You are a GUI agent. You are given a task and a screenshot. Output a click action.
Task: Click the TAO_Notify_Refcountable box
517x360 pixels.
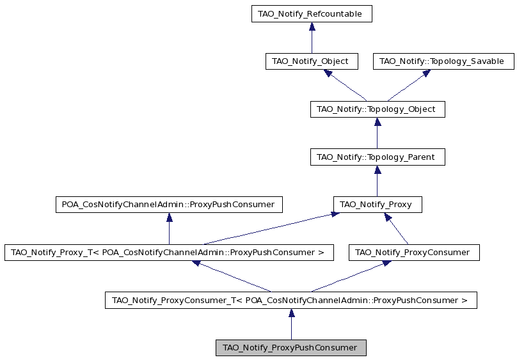click(312, 14)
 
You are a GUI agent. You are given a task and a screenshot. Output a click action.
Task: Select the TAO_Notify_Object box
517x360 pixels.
click(312, 61)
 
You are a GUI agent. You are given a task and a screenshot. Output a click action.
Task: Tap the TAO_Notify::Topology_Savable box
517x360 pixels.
click(443, 61)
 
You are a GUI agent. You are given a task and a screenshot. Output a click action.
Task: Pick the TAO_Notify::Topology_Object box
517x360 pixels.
click(378, 109)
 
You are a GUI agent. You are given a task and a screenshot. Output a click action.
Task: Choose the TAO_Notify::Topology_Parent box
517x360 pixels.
click(378, 157)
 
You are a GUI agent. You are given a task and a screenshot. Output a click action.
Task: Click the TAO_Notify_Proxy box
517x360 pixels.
click(378, 205)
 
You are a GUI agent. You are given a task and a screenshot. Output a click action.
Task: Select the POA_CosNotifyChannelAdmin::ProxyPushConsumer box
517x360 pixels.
click(169, 205)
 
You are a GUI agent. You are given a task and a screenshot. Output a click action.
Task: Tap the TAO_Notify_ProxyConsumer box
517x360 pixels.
click(414, 253)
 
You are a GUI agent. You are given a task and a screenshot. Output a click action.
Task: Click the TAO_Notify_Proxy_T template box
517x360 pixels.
click(169, 253)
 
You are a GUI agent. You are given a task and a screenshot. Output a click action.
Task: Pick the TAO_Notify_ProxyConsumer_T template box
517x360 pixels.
click(290, 300)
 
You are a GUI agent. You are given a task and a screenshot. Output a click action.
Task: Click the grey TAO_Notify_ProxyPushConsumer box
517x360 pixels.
click(290, 348)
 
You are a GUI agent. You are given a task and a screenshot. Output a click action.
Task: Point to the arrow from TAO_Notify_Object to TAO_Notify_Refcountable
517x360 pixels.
click(312, 38)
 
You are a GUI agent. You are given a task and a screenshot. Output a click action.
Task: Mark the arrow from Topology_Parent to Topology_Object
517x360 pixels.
click(378, 133)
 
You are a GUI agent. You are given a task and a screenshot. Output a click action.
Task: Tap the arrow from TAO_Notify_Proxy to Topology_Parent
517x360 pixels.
click(378, 181)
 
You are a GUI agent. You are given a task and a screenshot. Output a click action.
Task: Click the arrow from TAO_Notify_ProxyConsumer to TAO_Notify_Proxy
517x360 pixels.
click(396, 228)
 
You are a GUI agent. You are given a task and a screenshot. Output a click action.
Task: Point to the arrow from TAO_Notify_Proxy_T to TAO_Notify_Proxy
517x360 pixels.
click(272, 228)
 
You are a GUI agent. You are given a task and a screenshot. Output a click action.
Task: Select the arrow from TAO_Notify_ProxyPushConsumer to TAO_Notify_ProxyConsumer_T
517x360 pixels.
click(291, 324)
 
